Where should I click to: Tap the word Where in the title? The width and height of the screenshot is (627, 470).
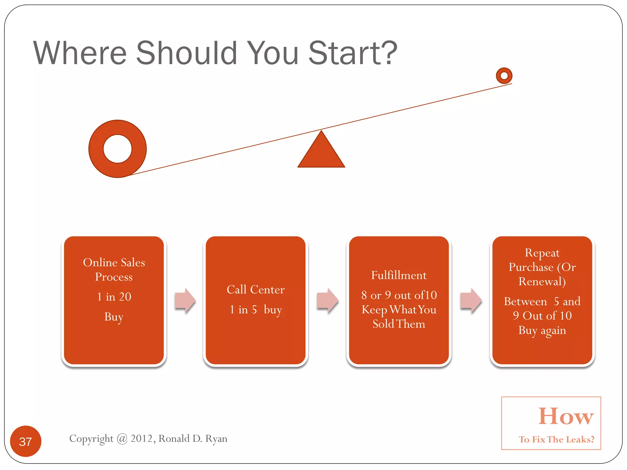tap(80, 53)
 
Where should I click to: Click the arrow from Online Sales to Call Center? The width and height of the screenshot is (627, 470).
tap(185, 300)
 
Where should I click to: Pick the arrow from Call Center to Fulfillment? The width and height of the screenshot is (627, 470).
tap(328, 300)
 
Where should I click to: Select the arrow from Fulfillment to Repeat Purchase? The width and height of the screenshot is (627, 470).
tap(471, 300)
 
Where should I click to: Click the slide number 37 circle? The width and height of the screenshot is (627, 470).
tap(26, 441)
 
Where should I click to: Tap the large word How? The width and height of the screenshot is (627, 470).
tap(566, 416)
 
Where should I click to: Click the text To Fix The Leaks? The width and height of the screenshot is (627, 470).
tap(556, 439)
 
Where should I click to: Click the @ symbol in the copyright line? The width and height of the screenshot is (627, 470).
tap(122, 438)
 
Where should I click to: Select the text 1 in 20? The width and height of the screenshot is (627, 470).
tap(114, 297)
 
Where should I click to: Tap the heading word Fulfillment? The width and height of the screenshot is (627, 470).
tap(399, 275)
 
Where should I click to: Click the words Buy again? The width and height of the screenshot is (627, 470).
tap(542, 330)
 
